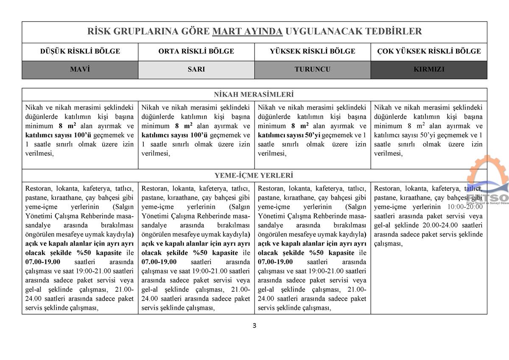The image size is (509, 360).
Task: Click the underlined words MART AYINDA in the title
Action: tap(247, 31)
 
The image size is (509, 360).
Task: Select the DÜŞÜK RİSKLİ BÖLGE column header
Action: tap(80, 51)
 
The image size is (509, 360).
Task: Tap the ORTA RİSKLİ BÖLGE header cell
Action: tap(196, 51)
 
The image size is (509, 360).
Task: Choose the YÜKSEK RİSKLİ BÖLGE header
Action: tap(313, 51)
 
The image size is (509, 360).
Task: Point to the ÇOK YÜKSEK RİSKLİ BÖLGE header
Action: tap(429, 51)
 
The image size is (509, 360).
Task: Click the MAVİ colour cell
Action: tap(80, 69)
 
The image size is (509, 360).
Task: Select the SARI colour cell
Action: tap(196, 69)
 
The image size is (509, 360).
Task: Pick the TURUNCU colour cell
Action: tap(313, 69)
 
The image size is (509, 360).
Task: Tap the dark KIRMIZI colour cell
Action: tap(429, 69)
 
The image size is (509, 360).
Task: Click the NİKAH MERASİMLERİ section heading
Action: tap(254, 95)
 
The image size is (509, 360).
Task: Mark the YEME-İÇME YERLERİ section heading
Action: tap(254, 176)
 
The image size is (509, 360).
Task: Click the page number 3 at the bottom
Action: tap(255, 326)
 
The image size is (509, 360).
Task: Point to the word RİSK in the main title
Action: tap(98, 31)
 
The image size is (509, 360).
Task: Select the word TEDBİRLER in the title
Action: tap(397, 31)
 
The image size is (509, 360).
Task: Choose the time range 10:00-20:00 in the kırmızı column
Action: tap(465, 207)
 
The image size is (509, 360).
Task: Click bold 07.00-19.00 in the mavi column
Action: tap(43, 262)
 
